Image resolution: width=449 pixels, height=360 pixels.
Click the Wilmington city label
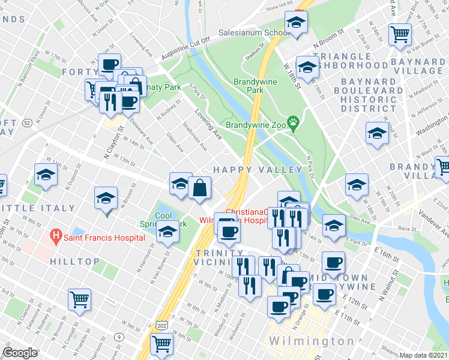[x=311, y=341]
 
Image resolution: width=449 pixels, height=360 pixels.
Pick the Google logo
[x=20, y=353]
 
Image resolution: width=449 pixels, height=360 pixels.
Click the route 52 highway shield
[x=27, y=122]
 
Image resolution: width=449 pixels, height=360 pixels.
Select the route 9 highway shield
[x=119, y=337]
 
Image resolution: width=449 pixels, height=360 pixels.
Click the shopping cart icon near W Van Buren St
[x=400, y=34]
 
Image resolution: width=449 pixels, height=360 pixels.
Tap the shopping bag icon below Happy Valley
[x=199, y=188]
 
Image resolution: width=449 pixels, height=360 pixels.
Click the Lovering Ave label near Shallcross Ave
[x=208, y=124]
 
